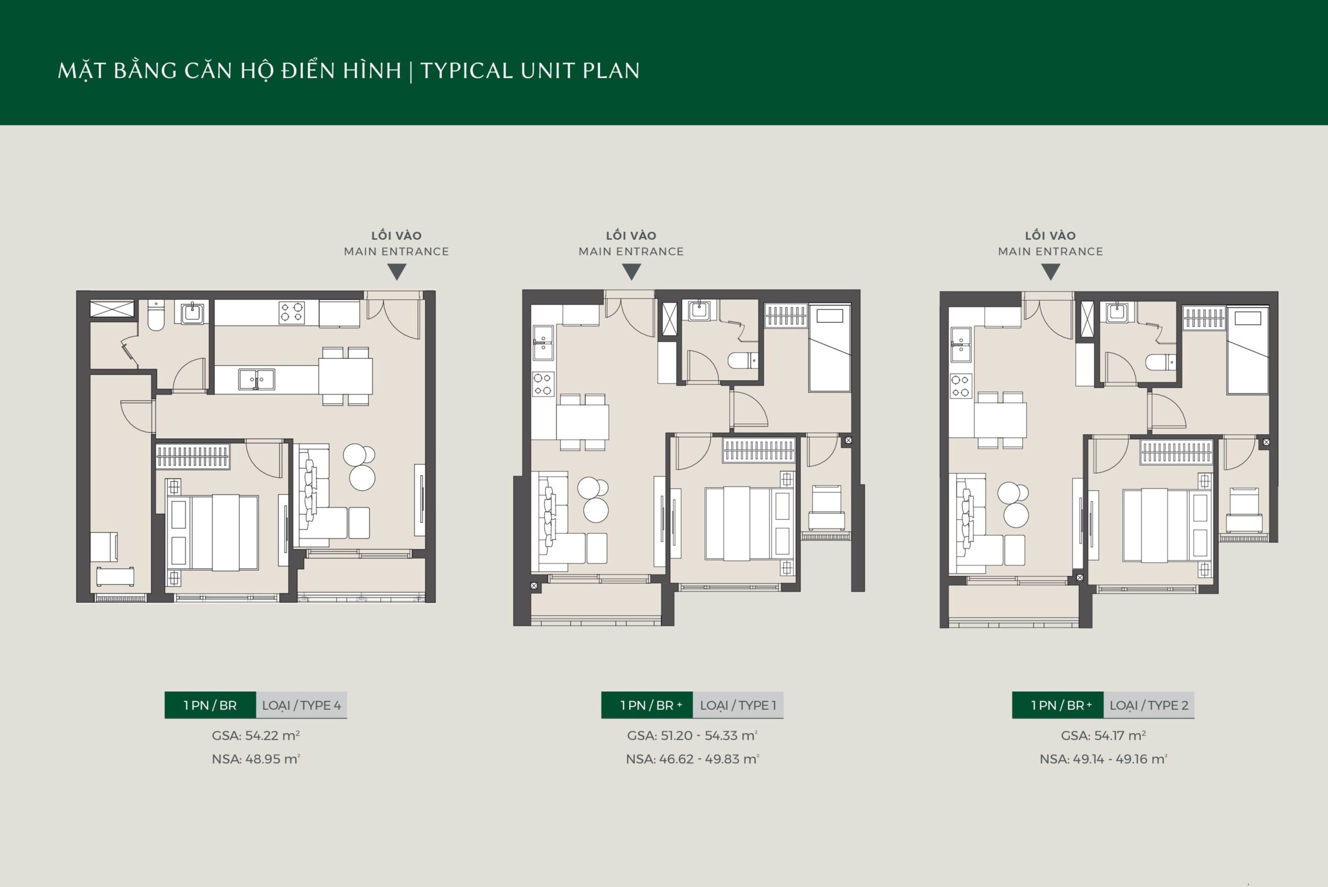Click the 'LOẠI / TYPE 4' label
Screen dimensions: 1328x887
301,705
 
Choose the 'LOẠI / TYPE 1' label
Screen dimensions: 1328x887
738,705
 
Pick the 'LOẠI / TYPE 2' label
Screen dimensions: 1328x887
1149,705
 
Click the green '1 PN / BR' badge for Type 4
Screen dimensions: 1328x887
210,705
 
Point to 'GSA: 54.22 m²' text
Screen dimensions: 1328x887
256,735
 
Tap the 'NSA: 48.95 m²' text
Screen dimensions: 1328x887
256,759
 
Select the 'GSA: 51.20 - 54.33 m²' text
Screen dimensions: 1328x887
692,735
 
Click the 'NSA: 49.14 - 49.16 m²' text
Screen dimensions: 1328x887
1103,759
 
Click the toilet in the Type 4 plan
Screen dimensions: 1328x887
156,316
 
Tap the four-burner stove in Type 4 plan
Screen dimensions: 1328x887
292,312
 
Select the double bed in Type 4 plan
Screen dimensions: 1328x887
212,533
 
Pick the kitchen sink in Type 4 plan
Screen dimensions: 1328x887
256,379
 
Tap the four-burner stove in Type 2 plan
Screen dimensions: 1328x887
961,386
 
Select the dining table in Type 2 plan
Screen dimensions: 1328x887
1000,420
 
